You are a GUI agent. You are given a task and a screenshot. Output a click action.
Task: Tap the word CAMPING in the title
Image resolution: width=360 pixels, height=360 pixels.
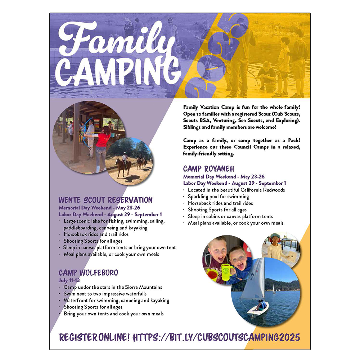pyautogui.click(x=119, y=72)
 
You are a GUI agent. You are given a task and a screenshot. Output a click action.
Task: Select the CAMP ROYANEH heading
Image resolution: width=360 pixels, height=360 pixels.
pyautogui.click(x=208, y=169)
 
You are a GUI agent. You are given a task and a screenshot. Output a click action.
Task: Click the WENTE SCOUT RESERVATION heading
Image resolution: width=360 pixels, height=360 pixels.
pyautogui.click(x=105, y=200)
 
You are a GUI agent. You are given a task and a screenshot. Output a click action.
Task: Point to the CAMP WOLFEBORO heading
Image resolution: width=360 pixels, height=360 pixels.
pyautogui.click(x=88, y=273)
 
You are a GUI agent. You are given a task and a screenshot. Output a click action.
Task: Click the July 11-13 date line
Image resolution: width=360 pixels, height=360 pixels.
pyautogui.click(x=69, y=280)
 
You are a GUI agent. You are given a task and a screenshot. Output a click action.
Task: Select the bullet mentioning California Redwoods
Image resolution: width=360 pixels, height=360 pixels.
pyautogui.click(x=236, y=190)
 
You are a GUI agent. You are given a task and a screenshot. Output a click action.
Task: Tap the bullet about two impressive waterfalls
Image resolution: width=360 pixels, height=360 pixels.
pyautogui.click(x=105, y=294)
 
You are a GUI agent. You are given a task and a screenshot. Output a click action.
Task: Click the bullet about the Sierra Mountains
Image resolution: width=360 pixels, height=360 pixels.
pyautogui.click(x=113, y=287)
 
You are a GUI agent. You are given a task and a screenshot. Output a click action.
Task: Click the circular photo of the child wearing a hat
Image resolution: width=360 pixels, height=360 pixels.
pyautogui.click(x=280, y=249)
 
